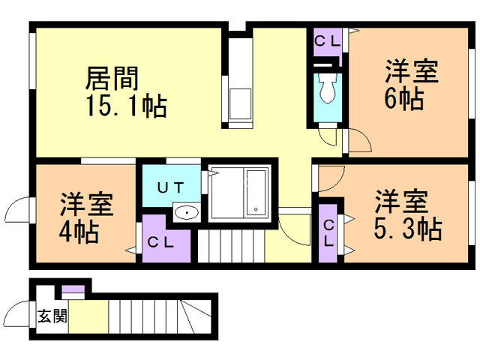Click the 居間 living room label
112,78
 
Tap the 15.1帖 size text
127,106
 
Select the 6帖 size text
404,98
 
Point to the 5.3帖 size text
408,228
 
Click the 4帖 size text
79,232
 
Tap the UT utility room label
170,187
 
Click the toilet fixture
328,88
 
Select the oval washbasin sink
187,212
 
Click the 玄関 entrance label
52,316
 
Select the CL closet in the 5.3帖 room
328,233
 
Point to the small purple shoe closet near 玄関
73,289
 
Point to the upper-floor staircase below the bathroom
231,247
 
